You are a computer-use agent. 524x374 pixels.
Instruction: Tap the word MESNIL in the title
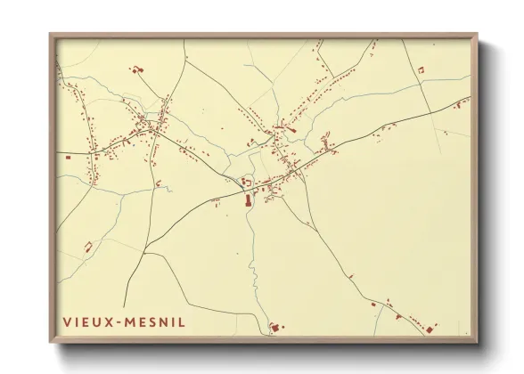pyautogui.click(x=155, y=321)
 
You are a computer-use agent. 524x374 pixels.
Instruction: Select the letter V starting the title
pyautogui.click(x=67, y=321)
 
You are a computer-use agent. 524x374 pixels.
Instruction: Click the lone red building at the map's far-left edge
pyautogui.click(x=68, y=157)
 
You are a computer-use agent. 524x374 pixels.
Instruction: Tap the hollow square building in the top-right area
pyautogui.click(x=419, y=69)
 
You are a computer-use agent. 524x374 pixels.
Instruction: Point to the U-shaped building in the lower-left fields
pyautogui.click(x=159, y=185)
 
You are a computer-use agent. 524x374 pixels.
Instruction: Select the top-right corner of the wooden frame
pyautogui.click(x=477, y=34)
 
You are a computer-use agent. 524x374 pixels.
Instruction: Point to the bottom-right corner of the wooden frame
pyautogui.click(x=477, y=345)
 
